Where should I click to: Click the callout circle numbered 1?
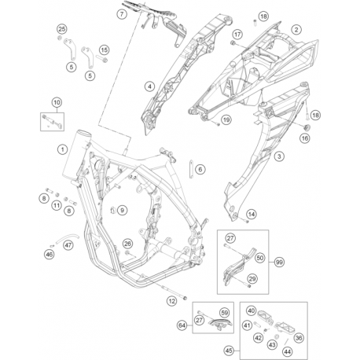pyautogui.click(x=62, y=149)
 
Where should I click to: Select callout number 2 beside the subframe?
pyautogui.click(x=296, y=29)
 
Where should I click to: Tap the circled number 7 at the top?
pyautogui.click(x=122, y=13)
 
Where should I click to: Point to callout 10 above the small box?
pyautogui.click(x=57, y=102)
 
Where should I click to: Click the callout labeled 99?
pyautogui.click(x=280, y=262)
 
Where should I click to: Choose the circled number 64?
pyautogui.click(x=182, y=325)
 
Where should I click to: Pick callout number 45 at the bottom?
pyautogui.click(x=229, y=351)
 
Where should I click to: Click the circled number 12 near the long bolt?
pyautogui.click(x=172, y=301)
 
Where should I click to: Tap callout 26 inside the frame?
pyautogui.click(x=127, y=244)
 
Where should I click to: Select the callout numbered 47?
pyautogui.click(x=68, y=245)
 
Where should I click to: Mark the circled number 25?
pyautogui.click(x=62, y=29)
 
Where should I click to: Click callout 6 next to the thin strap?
pyautogui.click(x=200, y=169)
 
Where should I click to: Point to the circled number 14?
pyautogui.click(x=252, y=215)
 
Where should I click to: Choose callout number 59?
pyautogui.click(x=225, y=313)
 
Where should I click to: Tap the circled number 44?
pyautogui.click(x=288, y=352)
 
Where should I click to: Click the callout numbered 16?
pyautogui.click(x=305, y=138)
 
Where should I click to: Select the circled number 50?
pyautogui.click(x=260, y=258)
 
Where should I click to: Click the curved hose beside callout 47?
pyautogui.click(x=67, y=237)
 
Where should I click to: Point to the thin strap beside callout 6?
pyautogui.click(x=192, y=169)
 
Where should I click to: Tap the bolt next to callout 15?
pyautogui.click(x=102, y=59)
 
